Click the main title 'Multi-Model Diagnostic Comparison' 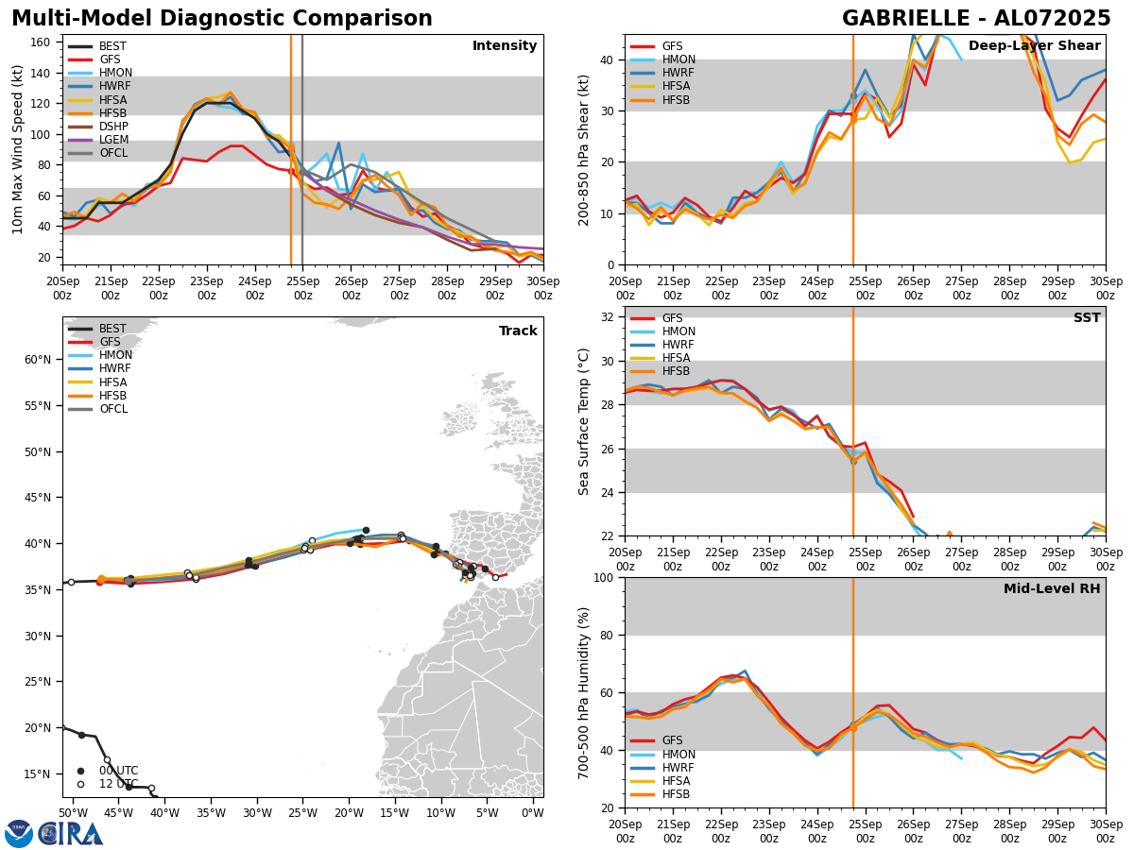point(222,19)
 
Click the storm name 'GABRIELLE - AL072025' point(976,19)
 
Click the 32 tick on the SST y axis point(609,317)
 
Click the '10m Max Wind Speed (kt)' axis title point(17,149)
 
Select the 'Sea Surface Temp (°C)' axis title point(584,421)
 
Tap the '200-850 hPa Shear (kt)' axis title point(584,149)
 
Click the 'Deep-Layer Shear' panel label point(1034,46)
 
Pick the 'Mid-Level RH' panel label point(1051,589)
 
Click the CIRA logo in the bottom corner point(54,834)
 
